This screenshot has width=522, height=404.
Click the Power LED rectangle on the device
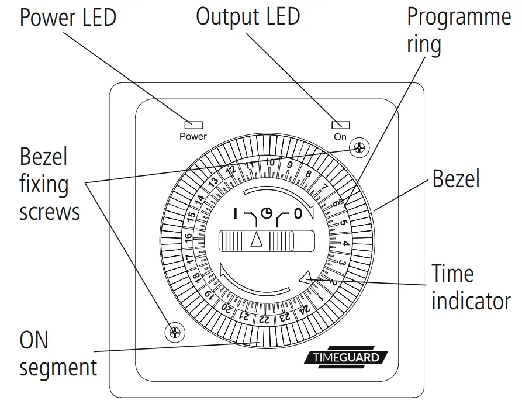point(193,125)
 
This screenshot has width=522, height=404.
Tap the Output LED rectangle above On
point(340,125)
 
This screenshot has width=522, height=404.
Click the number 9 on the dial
point(289,165)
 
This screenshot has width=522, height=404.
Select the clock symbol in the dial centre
point(265,213)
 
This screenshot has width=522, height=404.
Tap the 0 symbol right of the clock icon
point(298,214)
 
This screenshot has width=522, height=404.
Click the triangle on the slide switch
point(257,239)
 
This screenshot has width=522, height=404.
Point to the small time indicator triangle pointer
point(305,279)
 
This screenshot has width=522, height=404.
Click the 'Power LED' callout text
point(68,18)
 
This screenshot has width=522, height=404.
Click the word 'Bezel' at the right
point(456,178)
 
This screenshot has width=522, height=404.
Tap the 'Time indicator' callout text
point(471,288)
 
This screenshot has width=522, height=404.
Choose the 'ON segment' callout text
point(58,354)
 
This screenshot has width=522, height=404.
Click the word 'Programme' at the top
point(459,17)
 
